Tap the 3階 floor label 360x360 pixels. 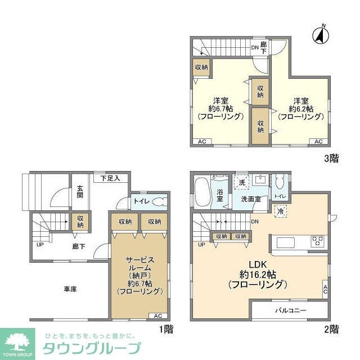pyautogui.click(x=331, y=158)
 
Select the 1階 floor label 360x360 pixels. pyautogui.click(x=166, y=330)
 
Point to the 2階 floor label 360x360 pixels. pyautogui.click(x=331, y=329)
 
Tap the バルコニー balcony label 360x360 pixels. pyautogui.click(x=290, y=310)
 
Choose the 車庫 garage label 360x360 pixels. pyautogui.click(x=70, y=289)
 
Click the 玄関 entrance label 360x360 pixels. pyautogui.click(x=80, y=192)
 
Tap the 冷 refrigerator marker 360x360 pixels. pyautogui.click(x=280, y=210)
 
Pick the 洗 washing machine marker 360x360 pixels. pyautogui.click(x=241, y=182)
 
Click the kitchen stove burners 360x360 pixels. pyautogui.click(x=317, y=242)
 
